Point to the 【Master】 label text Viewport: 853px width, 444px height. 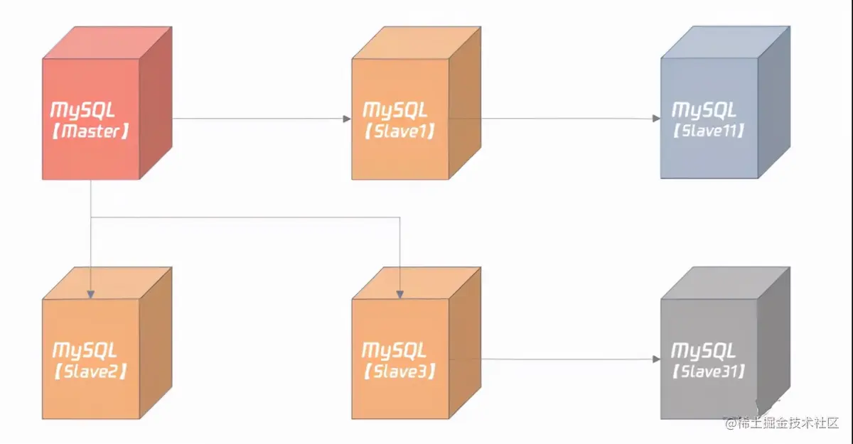pyautogui.click(x=90, y=131)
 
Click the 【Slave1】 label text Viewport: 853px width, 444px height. pyautogui.click(x=399, y=131)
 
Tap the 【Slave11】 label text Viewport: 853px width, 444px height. pyautogui.click(x=709, y=131)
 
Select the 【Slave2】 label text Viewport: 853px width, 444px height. pyautogui.click(x=90, y=372)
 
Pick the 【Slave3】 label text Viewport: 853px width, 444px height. pyautogui.click(x=399, y=372)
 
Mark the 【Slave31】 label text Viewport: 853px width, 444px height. pyautogui.click(x=709, y=372)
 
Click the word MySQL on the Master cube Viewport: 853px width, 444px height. pyautogui.click(x=82, y=110)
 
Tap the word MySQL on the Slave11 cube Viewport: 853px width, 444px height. pyautogui.click(x=704, y=110)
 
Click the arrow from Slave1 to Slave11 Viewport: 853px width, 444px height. pyautogui.click(x=554, y=119)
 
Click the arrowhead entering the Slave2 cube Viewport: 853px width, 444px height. pyautogui.click(x=92, y=293)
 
